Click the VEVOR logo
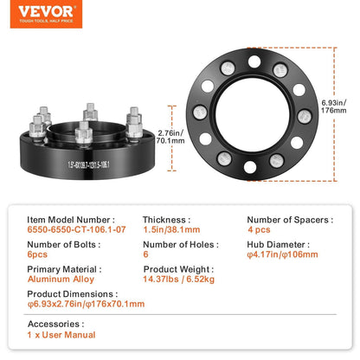pos(46,14)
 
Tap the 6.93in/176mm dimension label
pos(334,106)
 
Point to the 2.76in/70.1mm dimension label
pos(170,137)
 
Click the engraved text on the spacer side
pos(88,164)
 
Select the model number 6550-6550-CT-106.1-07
pos(76,229)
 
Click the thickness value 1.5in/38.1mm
pos(171,229)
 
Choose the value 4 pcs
pos(259,229)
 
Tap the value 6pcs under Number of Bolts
pos(37,254)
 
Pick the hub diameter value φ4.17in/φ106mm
pos(282,254)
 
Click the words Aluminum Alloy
pos(61,280)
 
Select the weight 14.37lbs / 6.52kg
pos(179,280)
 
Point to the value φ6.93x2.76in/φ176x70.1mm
pos(86,304)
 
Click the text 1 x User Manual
pos(61,335)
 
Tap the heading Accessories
pos(56,324)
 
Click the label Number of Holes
pos(181,245)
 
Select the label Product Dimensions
pos(73,294)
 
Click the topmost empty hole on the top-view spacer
pos(254,61)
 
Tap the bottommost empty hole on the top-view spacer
pos(250,167)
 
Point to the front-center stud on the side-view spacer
pos(84,133)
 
